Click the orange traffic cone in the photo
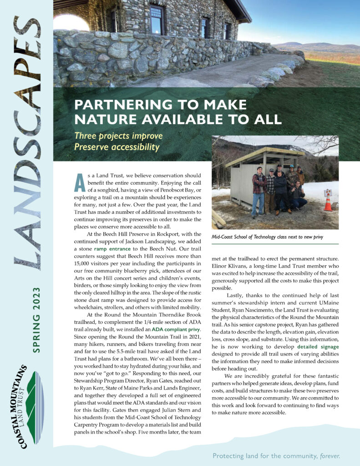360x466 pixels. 328,202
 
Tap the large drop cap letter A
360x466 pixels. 79,182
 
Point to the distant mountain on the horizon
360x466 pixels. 319,46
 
